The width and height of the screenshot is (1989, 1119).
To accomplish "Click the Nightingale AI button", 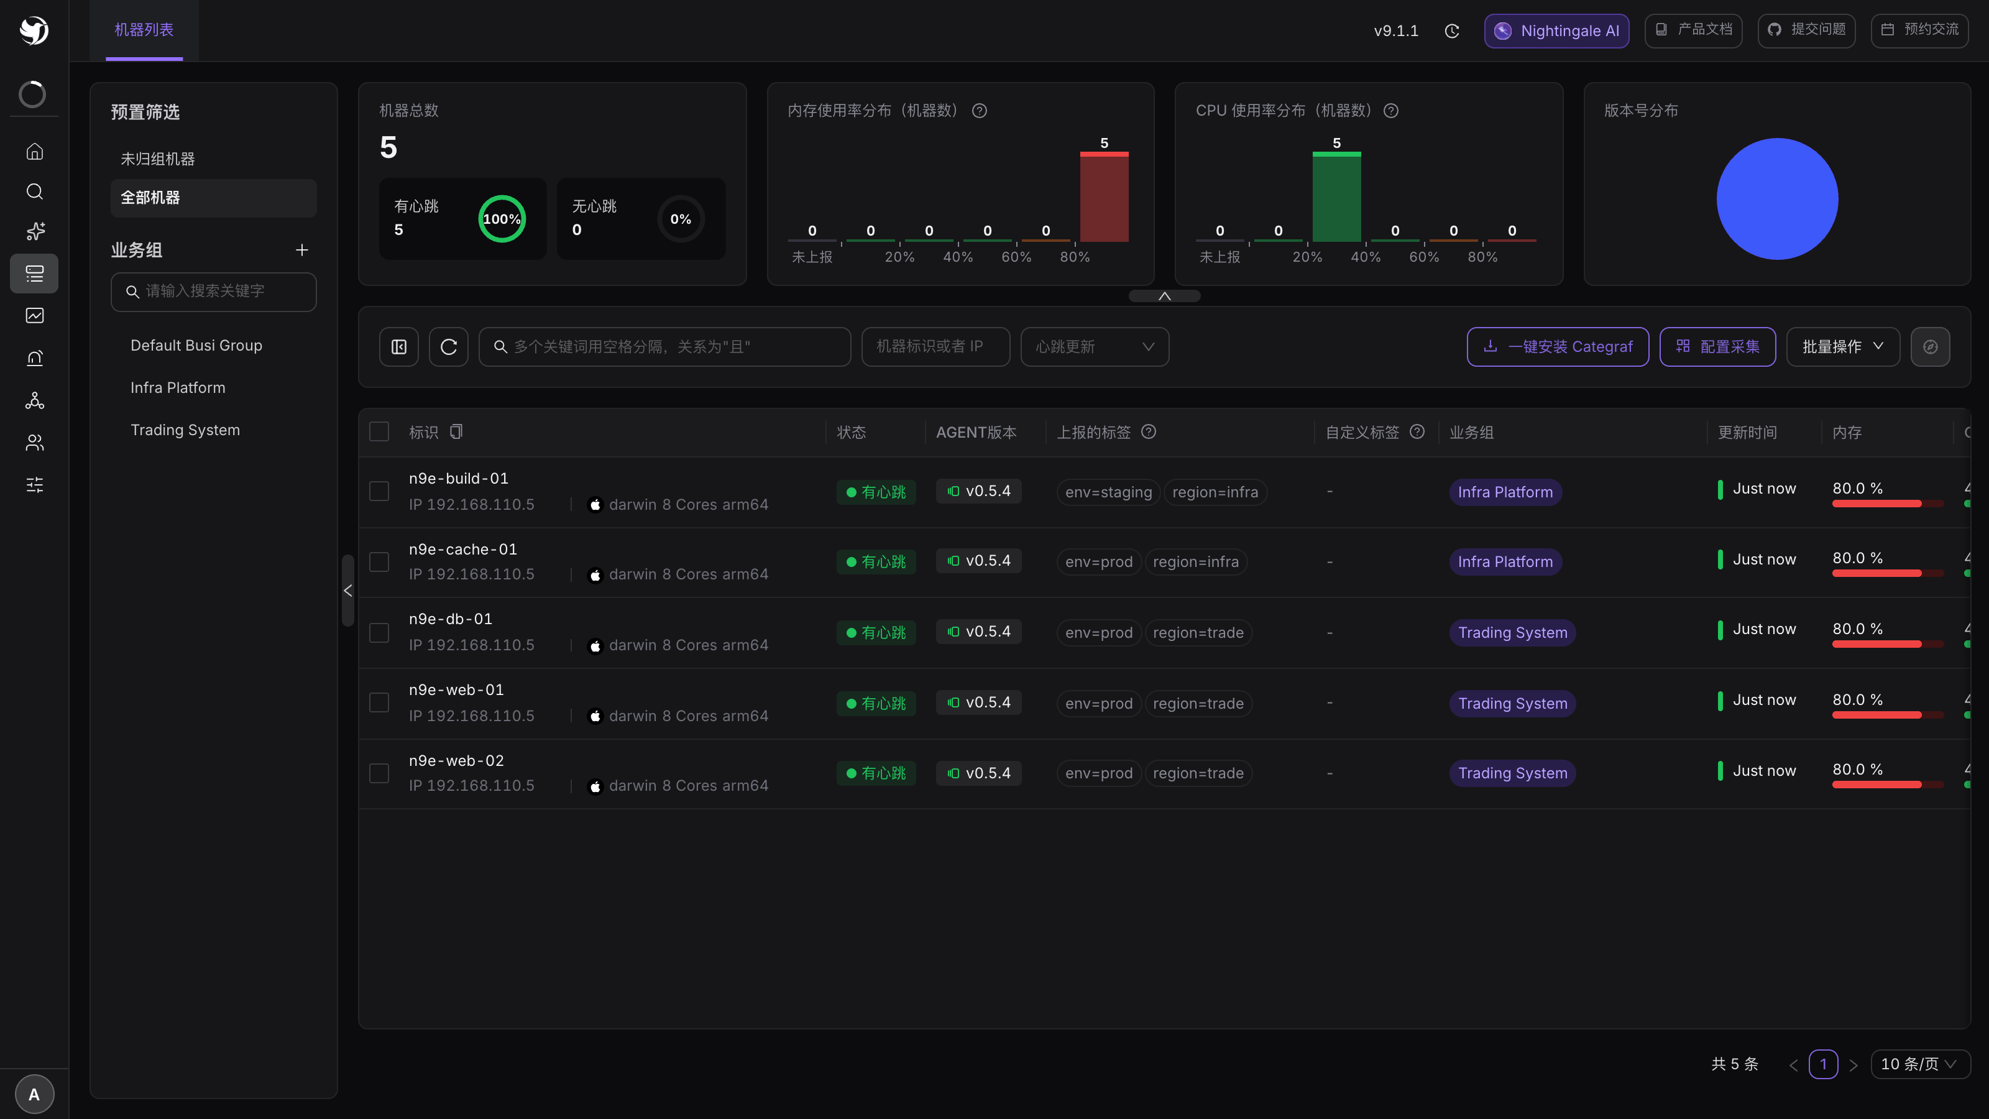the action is [x=1556, y=31].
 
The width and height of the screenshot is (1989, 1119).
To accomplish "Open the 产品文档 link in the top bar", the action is [x=1693, y=30].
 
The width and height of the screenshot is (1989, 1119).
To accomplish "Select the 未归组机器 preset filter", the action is [x=157, y=159].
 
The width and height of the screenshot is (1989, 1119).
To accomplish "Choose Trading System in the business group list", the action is [x=185, y=430].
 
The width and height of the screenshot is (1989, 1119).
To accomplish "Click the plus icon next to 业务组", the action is [x=302, y=250].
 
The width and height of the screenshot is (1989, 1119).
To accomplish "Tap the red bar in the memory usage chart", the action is [x=1104, y=197].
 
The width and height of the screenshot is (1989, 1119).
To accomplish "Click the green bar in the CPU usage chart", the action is [x=1336, y=197].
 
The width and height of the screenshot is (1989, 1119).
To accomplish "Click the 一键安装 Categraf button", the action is [x=1558, y=347].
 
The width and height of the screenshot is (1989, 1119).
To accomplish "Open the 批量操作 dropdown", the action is [x=1843, y=347].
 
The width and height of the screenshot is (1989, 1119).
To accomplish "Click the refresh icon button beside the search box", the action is [x=449, y=347].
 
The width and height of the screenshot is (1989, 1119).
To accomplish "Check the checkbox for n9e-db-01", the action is [x=379, y=632].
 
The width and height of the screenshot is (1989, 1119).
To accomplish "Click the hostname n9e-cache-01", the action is [x=463, y=549].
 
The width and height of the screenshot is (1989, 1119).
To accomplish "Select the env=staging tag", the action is [x=1109, y=492].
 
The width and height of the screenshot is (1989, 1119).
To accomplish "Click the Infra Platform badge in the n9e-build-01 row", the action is [x=1505, y=492].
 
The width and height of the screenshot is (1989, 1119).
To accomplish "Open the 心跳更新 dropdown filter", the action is [x=1095, y=347].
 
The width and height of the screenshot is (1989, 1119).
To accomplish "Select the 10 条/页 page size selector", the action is [x=1919, y=1064].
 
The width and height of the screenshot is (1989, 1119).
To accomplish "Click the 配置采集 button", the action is [x=1718, y=347].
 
